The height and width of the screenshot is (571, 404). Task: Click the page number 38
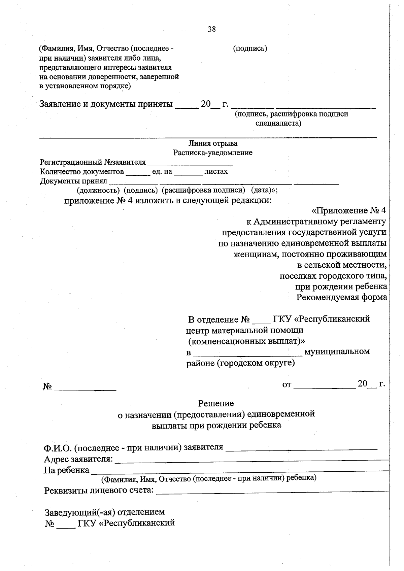pos(212,29)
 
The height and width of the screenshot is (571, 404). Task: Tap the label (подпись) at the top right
pos(250,48)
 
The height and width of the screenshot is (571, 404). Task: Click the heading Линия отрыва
pos(213,143)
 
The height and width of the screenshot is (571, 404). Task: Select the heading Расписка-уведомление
pos(213,153)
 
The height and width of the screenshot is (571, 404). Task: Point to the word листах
pos(216,172)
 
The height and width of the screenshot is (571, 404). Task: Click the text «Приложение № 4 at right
pos(349,211)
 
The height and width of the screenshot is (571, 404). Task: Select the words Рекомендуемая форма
pos(341,298)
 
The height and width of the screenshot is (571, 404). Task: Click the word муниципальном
pos(337,352)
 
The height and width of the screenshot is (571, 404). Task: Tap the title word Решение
pos(216,403)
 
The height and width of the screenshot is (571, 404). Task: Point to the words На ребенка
pos(66,470)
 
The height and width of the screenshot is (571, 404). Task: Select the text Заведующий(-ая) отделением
pos(105,512)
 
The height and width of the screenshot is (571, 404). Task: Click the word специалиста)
pos(278,123)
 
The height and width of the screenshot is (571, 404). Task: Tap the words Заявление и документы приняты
pos(106,104)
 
